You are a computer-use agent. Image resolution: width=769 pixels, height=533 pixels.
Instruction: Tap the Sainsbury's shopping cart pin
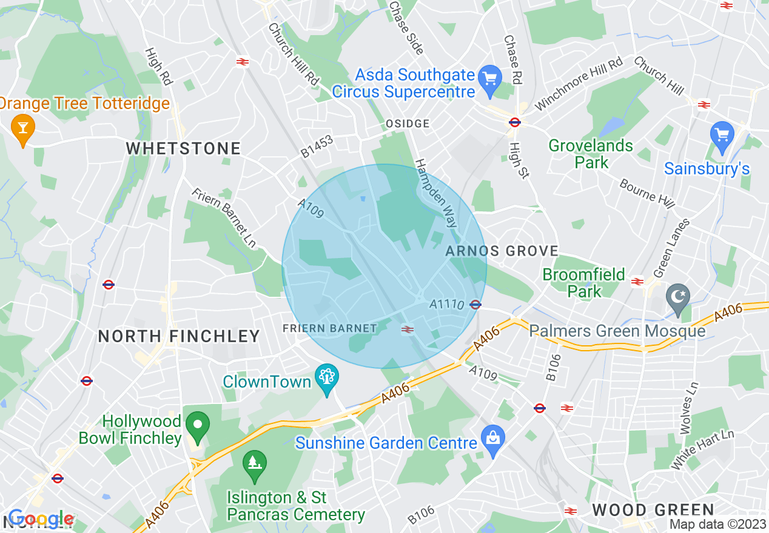click(x=722, y=136)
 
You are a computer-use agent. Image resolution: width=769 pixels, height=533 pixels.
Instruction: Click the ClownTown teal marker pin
click(x=327, y=379)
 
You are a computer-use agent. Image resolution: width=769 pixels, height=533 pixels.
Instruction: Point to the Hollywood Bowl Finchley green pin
click(x=197, y=426)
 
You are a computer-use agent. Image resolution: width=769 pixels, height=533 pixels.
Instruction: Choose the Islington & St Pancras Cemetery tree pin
click(x=254, y=465)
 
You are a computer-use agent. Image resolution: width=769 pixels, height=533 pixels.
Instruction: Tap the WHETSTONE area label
click(x=183, y=148)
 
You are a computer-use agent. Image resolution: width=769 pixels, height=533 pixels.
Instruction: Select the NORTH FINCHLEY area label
click(x=179, y=336)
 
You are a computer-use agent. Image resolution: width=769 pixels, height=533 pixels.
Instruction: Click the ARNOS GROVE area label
click(x=502, y=251)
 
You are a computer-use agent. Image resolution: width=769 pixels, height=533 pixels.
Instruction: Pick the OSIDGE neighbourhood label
click(x=408, y=124)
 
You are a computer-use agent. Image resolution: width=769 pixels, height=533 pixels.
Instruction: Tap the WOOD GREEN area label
click(x=654, y=510)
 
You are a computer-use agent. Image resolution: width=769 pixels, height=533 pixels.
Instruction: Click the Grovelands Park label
click(x=582, y=154)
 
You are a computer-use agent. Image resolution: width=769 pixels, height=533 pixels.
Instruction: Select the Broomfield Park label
click(x=583, y=283)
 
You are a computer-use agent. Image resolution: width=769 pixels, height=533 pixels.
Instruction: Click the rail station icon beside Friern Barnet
click(x=408, y=329)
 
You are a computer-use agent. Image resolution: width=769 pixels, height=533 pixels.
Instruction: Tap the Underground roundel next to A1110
click(x=475, y=305)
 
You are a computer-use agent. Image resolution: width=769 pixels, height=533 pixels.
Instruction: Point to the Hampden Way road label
click(x=435, y=193)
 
